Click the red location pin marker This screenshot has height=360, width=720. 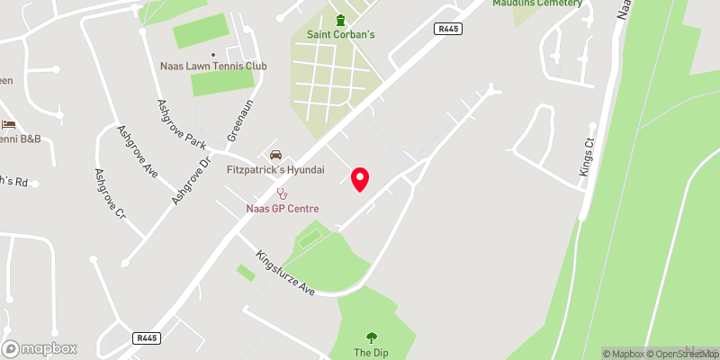(360, 178)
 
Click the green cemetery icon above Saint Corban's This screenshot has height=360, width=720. (339, 21)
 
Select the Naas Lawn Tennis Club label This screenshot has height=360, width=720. (213, 67)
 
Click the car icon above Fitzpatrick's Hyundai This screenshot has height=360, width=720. (275, 154)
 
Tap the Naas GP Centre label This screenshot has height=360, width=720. (283, 209)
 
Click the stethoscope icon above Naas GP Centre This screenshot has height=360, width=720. (283, 193)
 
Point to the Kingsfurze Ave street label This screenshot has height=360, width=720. (285, 273)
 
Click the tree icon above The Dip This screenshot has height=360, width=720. (371, 337)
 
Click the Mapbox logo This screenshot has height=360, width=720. (40, 348)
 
